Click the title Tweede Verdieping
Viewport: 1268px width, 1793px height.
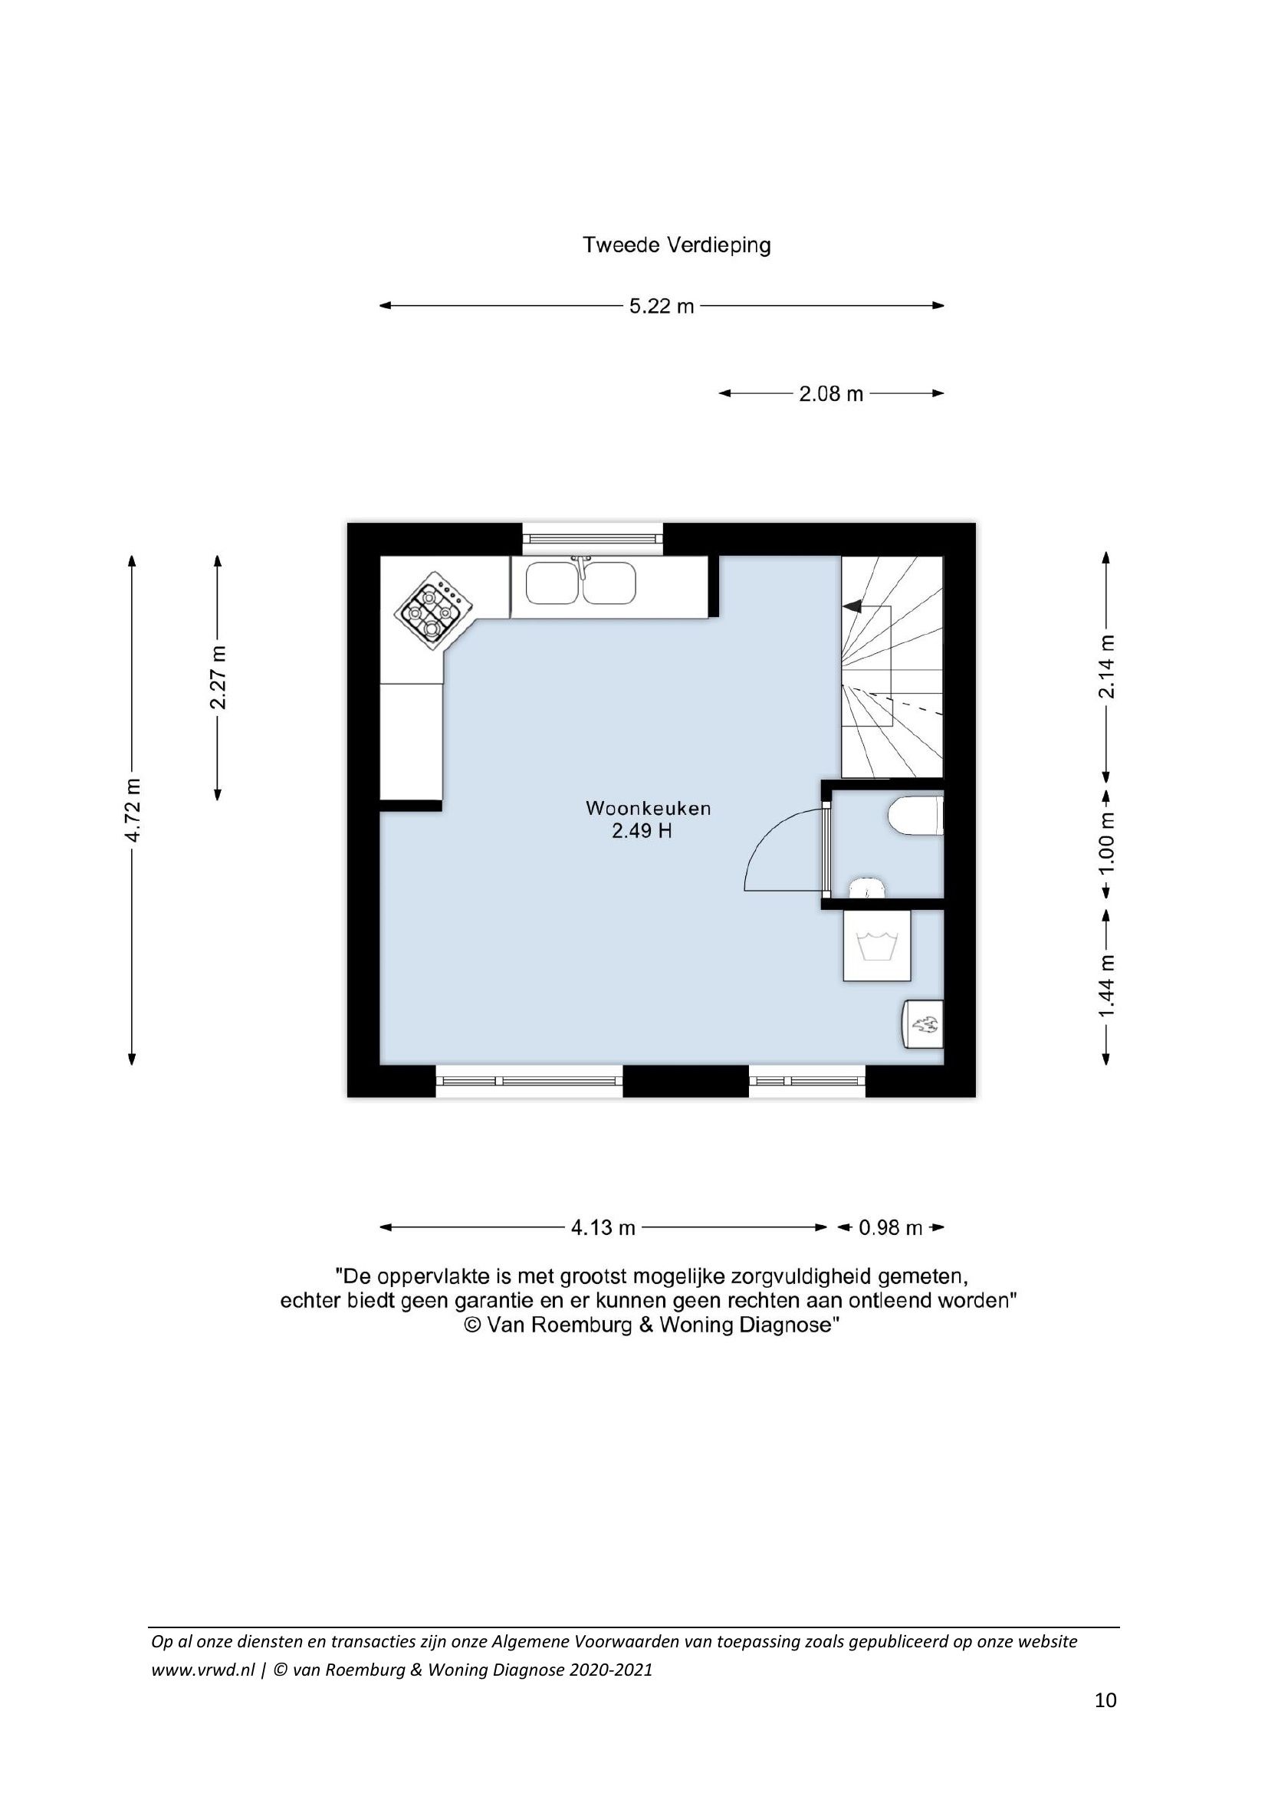(677, 245)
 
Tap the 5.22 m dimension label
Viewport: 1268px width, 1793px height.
(662, 306)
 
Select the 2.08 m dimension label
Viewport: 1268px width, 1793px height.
(831, 393)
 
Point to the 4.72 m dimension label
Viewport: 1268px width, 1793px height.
(133, 809)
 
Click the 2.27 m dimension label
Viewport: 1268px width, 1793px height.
(218, 677)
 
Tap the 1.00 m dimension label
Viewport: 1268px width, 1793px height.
(1106, 845)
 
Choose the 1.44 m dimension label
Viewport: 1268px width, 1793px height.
(1106, 987)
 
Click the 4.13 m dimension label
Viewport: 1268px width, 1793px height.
(603, 1227)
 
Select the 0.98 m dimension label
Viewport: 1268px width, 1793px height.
(891, 1227)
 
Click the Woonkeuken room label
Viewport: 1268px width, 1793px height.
(648, 808)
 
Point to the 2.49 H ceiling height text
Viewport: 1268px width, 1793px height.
(642, 831)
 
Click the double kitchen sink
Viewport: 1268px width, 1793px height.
(581, 583)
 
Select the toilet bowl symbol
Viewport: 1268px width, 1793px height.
(916, 816)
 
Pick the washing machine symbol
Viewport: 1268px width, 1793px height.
(877, 945)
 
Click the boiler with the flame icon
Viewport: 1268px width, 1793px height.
(923, 1024)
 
